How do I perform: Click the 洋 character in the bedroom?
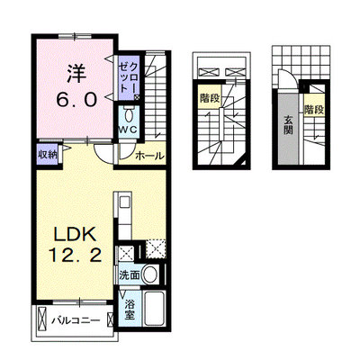click(x=76, y=74)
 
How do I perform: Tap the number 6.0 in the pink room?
click(x=76, y=99)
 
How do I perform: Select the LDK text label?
click(x=75, y=234)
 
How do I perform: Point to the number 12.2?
click(x=75, y=256)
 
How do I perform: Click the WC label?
click(x=129, y=130)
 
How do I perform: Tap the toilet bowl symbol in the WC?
click(x=129, y=115)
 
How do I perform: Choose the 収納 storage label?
click(x=48, y=155)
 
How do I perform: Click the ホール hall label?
click(x=149, y=156)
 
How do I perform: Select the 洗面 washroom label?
click(x=130, y=275)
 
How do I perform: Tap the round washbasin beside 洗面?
click(x=149, y=274)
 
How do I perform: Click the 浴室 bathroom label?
click(x=130, y=310)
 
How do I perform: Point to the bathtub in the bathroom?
click(x=154, y=309)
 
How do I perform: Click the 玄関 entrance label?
click(x=288, y=124)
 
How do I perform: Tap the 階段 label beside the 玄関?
click(x=314, y=110)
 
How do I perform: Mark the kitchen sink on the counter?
click(x=124, y=202)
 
